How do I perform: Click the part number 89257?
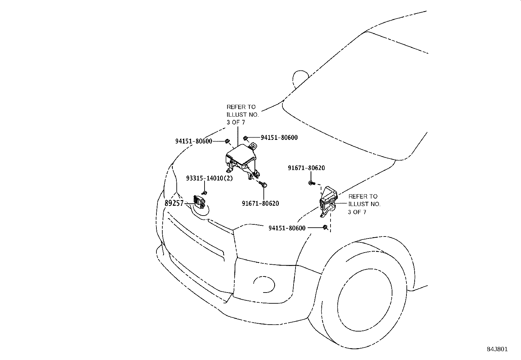(174, 203)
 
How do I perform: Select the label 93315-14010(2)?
(209, 179)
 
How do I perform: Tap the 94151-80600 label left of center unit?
(194, 141)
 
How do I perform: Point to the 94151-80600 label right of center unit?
(279, 138)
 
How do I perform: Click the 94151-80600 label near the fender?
(287, 228)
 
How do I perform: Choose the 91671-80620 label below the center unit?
(260, 203)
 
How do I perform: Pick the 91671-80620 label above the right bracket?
(306, 168)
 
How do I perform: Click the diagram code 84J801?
(496, 349)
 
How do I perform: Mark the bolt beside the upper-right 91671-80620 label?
(311, 183)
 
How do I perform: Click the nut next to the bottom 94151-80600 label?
(325, 227)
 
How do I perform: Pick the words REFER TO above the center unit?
(241, 107)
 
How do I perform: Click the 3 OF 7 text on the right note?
(357, 212)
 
